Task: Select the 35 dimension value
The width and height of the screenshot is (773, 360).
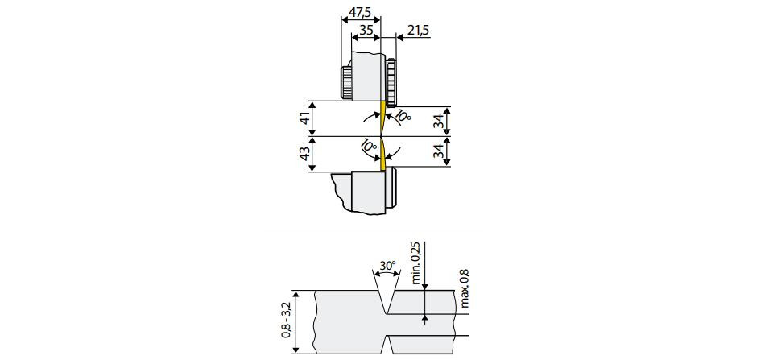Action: (x=366, y=30)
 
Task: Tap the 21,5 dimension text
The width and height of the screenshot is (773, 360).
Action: (x=418, y=30)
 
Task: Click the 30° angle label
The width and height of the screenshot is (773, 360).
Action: (x=387, y=265)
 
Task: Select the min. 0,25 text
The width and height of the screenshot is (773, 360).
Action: (x=415, y=264)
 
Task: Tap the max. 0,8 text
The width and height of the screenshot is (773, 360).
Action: (x=464, y=288)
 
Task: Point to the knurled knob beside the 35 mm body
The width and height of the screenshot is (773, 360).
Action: (x=345, y=82)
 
